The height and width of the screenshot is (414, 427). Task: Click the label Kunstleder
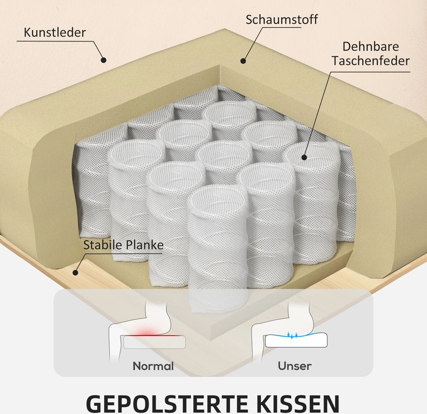click(x=55, y=32)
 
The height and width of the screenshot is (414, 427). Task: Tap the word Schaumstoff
click(x=281, y=20)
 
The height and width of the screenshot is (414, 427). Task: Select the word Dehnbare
click(x=371, y=47)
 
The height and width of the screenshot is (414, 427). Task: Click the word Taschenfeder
click(x=371, y=61)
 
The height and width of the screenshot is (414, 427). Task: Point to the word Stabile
click(x=102, y=245)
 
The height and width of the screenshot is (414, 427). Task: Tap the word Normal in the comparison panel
click(x=153, y=366)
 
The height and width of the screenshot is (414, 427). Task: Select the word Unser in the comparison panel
click(x=295, y=366)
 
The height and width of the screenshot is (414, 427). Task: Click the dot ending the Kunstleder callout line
click(x=103, y=60)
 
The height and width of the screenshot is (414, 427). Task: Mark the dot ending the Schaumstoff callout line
click(x=243, y=61)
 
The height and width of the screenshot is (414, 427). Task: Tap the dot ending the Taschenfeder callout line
click(x=304, y=157)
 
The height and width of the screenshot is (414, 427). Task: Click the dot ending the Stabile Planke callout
click(x=76, y=272)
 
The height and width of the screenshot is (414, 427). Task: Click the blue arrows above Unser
click(x=292, y=335)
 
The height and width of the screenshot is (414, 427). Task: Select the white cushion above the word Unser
click(x=296, y=340)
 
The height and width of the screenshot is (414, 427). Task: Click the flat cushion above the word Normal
click(x=155, y=342)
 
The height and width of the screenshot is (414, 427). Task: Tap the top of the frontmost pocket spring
click(x=217, y=199)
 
